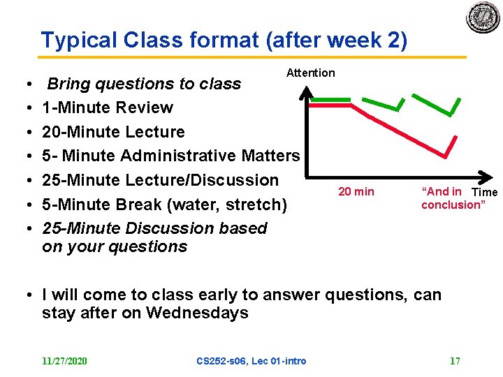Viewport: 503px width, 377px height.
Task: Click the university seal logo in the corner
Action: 483,17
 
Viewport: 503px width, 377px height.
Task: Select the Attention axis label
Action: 311,73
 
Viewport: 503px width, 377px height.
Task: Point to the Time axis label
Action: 484,192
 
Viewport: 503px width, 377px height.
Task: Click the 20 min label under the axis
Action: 356,191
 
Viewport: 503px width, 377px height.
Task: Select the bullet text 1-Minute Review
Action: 108,108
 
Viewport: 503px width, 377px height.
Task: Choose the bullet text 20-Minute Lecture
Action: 113,132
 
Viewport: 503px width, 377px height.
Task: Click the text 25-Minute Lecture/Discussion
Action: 160,180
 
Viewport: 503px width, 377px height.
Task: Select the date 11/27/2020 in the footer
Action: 64,361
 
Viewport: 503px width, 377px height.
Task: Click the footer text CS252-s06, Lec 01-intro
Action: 251,361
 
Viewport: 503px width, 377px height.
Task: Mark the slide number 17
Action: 455,361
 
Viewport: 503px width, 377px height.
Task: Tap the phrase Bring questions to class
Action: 143,84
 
